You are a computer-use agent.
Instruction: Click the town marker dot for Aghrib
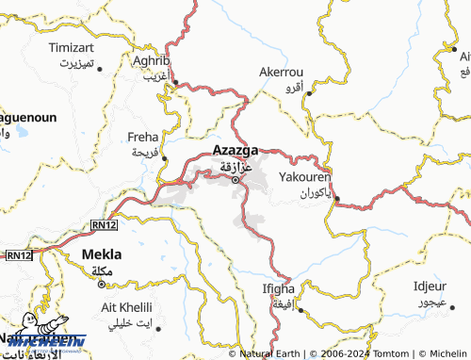click(174, 83)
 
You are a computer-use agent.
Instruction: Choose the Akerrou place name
click(282, 71)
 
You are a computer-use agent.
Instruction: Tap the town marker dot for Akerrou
click(308, 92)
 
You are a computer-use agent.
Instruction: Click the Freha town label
click(143, 137)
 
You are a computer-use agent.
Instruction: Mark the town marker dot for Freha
click(164, 157)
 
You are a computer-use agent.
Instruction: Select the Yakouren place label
click(305, 176)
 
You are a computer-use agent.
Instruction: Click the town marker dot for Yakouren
click(337, 198)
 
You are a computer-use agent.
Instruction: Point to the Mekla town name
click(103, 254)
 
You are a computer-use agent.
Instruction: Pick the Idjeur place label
click(430, 286)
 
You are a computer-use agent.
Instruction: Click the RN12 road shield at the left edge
click(19, 255)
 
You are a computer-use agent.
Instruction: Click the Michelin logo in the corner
click(42, 341)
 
